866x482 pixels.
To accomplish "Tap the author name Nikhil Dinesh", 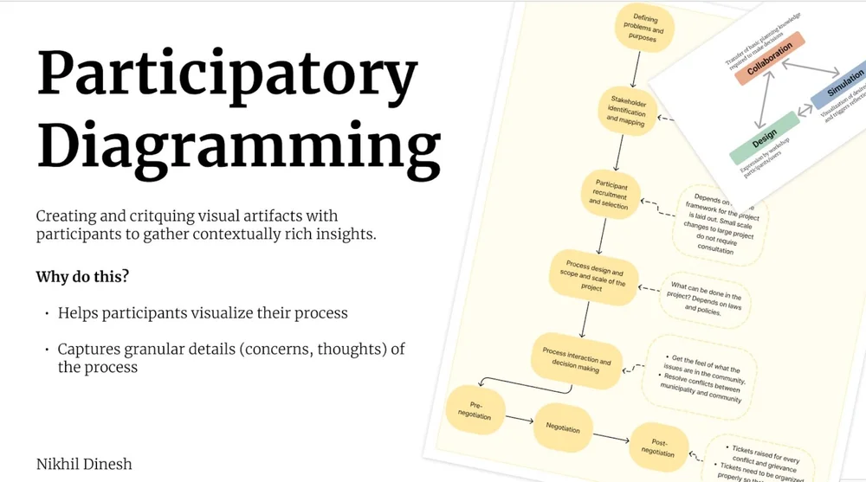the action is tap(84, 464).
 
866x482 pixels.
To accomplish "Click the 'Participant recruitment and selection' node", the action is tap(611, 194).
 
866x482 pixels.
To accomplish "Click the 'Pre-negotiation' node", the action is tap(474, 410).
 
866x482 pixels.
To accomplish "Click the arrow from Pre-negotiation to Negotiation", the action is tap(518, 420).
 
